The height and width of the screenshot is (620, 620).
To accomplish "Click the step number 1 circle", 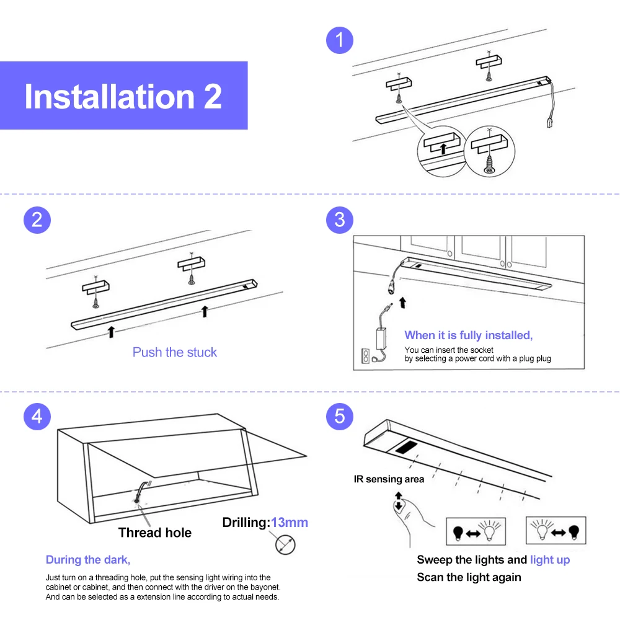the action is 339,40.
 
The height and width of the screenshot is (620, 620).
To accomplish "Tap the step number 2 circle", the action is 37,220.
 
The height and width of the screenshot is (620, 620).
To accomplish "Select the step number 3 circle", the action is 339,220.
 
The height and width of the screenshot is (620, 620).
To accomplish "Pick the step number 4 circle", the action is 37,417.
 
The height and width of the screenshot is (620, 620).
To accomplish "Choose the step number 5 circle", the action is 339,417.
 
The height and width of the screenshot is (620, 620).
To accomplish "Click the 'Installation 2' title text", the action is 123,97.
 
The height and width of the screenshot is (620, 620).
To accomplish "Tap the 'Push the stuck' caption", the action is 174,352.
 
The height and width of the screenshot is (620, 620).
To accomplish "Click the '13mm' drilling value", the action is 290,522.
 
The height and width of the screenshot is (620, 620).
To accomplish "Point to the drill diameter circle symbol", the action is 285,544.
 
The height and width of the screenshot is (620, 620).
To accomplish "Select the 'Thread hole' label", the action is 154,533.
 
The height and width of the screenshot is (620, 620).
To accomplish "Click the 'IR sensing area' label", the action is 389,479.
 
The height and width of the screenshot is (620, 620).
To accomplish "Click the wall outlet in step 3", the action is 366,356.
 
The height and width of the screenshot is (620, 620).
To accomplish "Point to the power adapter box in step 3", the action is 381,339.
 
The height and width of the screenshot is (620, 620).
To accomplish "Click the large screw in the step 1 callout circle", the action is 490,164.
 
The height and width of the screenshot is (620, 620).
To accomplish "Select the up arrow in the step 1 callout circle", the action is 443,149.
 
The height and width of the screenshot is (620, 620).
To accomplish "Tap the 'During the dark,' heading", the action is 88,560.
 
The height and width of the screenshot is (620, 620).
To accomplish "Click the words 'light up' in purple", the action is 550,560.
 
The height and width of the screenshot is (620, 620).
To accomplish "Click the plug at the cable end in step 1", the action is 549,122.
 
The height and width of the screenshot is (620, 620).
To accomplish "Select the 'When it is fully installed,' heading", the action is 469,335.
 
